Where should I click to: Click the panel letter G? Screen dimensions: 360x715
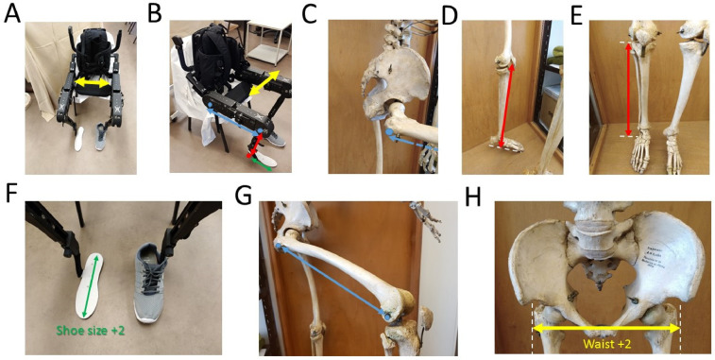click(243, 195)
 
